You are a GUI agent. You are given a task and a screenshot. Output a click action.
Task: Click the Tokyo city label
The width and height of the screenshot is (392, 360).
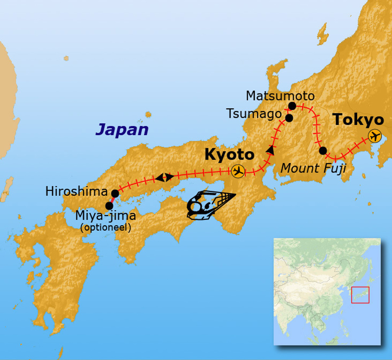358,120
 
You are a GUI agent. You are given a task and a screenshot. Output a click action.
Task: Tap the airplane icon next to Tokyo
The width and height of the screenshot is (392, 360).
375,136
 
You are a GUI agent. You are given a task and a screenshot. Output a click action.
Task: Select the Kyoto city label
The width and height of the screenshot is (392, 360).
229,155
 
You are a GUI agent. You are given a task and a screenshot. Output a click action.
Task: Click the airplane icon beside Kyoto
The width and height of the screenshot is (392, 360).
238,171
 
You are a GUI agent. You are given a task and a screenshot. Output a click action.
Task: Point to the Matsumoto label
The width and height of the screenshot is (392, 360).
280,96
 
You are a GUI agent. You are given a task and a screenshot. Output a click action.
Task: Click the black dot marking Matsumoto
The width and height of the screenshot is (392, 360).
292,106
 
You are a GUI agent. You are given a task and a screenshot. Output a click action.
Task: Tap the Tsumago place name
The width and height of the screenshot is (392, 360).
254,114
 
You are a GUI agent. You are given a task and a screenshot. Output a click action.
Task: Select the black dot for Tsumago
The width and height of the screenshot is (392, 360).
289,118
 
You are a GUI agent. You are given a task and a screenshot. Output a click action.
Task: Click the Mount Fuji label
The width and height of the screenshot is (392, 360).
314,168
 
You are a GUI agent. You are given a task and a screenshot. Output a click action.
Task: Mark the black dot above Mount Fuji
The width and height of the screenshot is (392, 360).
323,151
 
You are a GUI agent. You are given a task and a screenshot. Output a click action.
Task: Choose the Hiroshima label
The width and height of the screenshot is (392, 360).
77,191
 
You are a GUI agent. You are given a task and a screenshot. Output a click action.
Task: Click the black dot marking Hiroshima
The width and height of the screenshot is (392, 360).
115,193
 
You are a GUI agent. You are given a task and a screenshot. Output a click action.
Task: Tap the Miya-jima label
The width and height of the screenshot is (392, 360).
105,216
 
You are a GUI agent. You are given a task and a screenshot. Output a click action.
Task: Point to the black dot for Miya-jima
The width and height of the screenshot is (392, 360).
109,206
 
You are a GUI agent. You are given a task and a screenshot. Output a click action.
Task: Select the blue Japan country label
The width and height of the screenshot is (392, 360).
122,130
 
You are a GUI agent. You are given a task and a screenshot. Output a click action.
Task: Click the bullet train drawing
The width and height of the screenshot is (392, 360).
209,205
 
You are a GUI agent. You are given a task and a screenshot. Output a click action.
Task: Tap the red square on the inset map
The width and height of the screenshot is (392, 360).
360,295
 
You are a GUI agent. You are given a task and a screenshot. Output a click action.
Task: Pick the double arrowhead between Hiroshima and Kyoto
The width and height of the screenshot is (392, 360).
164,177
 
